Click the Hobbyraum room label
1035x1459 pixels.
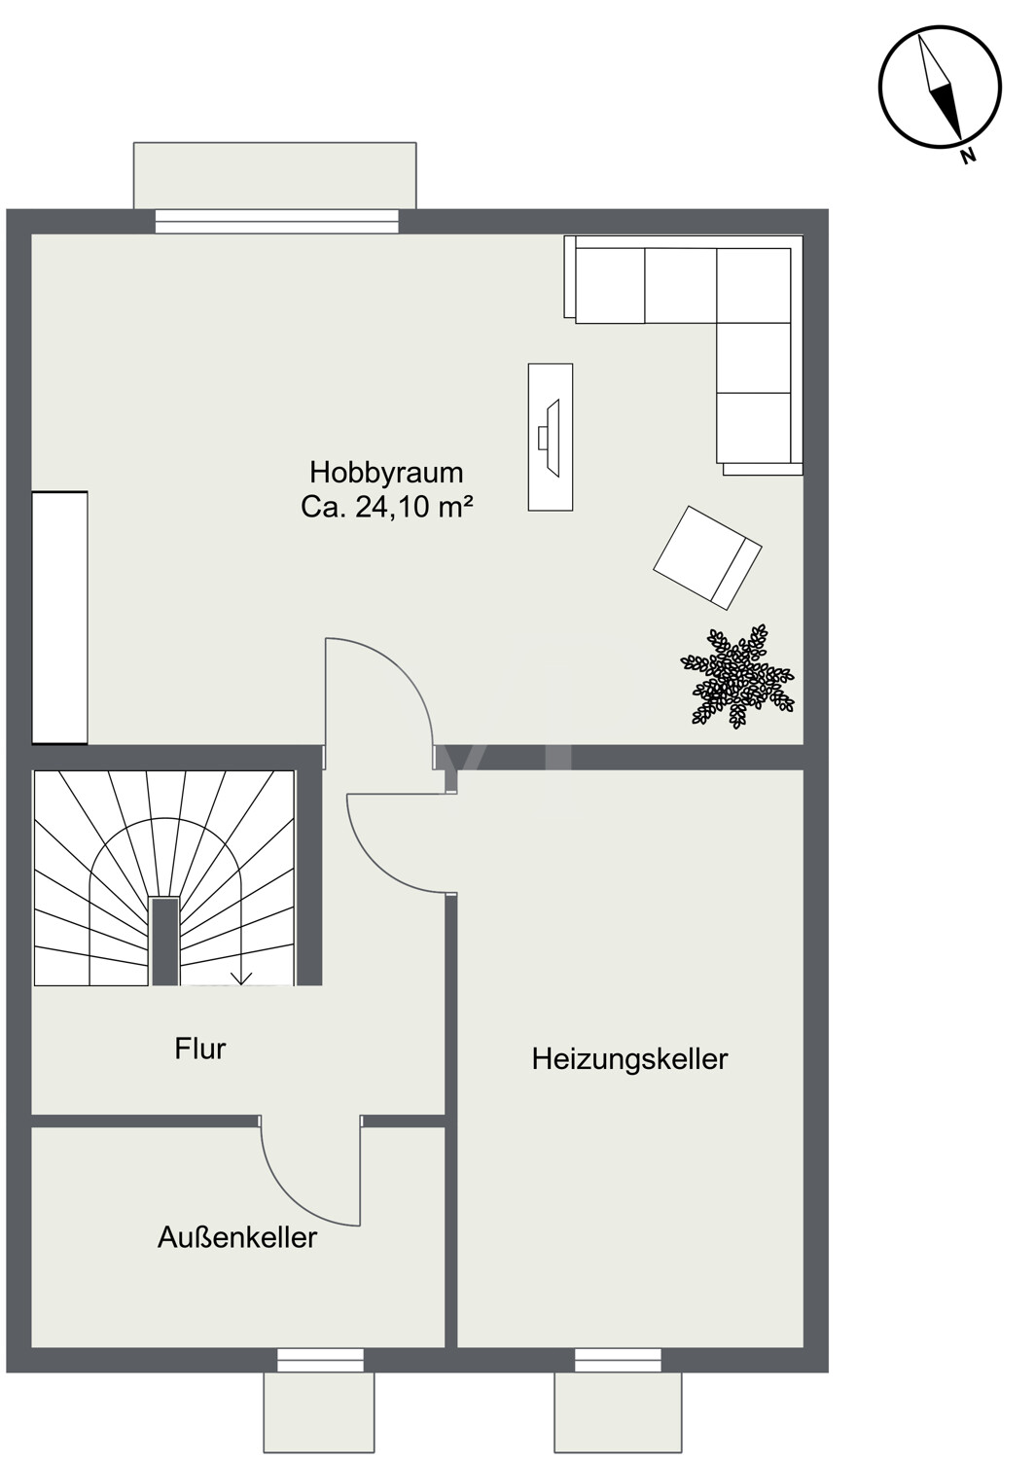386,474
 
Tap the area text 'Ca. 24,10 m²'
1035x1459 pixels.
386,508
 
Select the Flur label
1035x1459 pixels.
200,1050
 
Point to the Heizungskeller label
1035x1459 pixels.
629,1060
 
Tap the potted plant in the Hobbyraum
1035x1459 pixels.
737,677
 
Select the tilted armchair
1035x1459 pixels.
707,557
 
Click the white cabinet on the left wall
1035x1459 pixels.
59,618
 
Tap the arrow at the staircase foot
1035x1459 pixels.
241,977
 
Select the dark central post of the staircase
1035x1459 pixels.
164,942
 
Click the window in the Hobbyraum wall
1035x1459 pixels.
277,221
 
